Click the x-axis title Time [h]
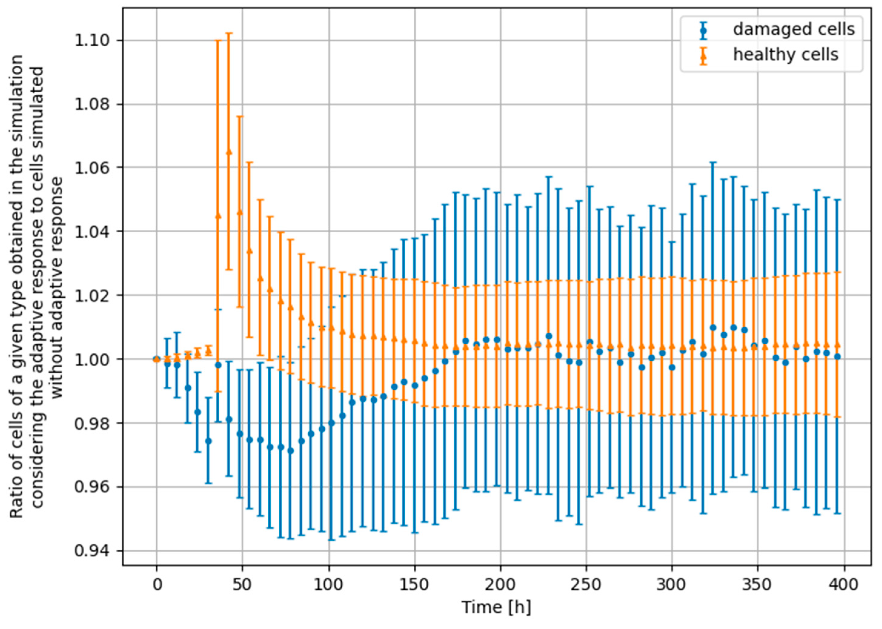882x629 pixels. (496, 607)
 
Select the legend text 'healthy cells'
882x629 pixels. (785, 55)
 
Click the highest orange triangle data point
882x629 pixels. (229, 152)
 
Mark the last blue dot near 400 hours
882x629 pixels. (837, 357)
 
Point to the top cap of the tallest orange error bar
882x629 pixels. (229, 33)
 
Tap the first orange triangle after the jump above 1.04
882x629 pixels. (218, 216)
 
